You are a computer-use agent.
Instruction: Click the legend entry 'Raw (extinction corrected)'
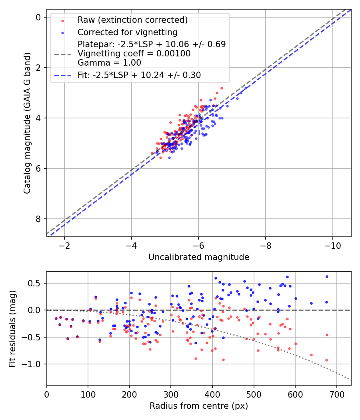[132, 20]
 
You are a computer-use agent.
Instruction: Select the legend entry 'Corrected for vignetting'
[128, 32]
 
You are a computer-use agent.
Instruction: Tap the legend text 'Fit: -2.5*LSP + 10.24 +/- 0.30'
[139, 75]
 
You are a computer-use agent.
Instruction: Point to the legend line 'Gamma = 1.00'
[109, 62]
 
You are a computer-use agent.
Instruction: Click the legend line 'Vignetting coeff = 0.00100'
[134, 53]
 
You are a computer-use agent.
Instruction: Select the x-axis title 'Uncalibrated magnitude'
[199, 257]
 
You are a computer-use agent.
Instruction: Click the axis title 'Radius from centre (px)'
[199, 406]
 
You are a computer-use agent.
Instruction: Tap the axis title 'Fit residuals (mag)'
[12, 328]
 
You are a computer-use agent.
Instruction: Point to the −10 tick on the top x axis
[332, 244]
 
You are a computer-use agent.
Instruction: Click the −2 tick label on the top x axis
[64, 244]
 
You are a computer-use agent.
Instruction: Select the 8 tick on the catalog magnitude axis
[38, 219]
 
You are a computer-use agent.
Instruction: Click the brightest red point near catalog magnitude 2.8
[222, 88]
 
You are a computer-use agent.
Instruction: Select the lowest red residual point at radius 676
[326, 360]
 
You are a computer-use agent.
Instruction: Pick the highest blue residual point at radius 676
[327, 276]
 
